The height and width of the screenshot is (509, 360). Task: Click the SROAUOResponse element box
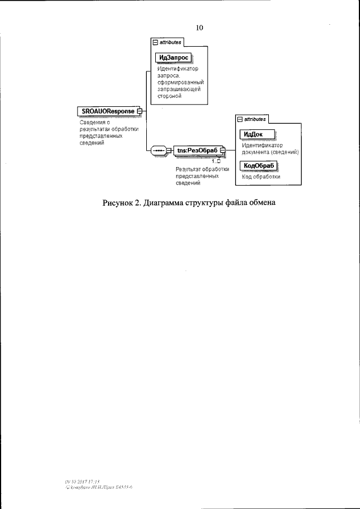coord(106,111)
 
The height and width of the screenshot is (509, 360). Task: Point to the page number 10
coord(199,28)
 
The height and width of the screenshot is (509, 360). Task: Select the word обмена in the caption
coord(261,203)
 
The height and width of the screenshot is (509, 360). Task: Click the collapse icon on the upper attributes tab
coord(155,42)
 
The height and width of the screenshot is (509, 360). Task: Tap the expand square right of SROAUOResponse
coord(139,111)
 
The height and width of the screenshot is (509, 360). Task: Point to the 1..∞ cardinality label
coord(215,161)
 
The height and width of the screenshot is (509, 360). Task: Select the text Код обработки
coord(261,177)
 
